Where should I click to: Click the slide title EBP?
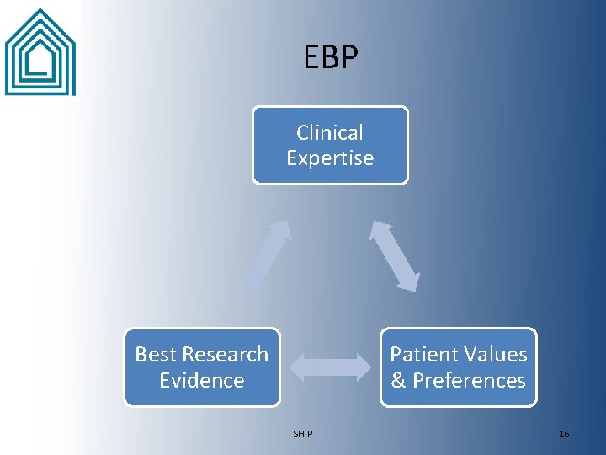pyautogui.click(x=331, y=57)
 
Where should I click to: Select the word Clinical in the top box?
pyautogui.click(x=330, y=132)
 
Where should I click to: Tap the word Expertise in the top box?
pyautogui.click(x=330, y=158)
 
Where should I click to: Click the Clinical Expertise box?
pyautogui.click(x=330, y=145)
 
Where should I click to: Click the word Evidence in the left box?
pyautogui.click(x=202, y=380)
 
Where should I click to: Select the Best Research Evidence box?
pyautogui.click(x=202, y=367)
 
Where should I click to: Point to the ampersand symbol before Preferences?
pyautogui.click(x=398, y=380)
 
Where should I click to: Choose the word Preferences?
pyautogui.click(x=468, y=380)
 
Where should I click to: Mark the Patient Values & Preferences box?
pyautogui.click(x=459, y=367)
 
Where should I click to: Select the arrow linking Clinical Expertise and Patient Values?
pyautogui.click(x=395, y=255)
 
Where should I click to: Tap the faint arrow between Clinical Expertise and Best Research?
pyautogui.click(x=267, y=255)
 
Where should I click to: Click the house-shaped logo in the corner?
pyautogui.click(x=40, y=52)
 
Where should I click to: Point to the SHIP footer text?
pyautogui.click(x=302, y=434)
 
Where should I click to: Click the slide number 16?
pyautogui.click(x=564, y=434)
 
